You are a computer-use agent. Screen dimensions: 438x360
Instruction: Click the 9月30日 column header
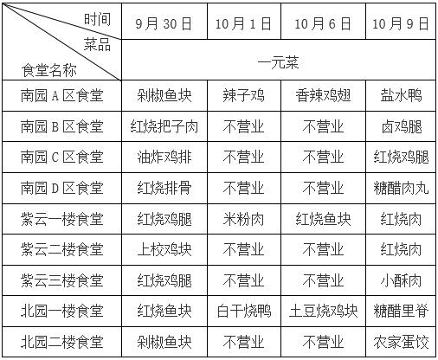164,23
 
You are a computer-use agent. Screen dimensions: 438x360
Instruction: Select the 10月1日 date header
243,23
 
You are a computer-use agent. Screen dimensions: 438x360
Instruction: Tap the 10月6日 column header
323,23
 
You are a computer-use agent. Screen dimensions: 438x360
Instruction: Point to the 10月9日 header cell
401,23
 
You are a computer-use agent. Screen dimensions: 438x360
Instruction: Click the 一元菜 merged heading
278,62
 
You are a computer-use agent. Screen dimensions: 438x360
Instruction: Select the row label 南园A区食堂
61,95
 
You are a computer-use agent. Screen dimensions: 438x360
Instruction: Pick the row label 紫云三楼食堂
61,280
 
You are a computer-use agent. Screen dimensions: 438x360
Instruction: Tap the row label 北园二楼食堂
61,342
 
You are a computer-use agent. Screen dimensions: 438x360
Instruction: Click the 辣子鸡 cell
243,95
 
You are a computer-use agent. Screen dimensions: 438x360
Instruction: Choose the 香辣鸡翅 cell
323,95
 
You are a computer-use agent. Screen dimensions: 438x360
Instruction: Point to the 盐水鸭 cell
401,95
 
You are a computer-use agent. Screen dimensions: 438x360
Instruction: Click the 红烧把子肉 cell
164,126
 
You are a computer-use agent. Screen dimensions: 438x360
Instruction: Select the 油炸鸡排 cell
164,157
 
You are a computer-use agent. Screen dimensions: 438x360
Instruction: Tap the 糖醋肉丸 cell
401,188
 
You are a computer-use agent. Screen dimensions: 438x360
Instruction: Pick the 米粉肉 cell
243,219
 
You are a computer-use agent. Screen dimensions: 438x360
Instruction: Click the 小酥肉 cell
401,280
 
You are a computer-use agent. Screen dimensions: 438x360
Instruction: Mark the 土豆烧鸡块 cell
323,311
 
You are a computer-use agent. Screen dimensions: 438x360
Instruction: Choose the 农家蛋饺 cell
401,342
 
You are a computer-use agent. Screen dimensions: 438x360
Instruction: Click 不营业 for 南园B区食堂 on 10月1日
243,126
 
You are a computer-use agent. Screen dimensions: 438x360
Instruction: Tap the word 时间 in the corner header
97,19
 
